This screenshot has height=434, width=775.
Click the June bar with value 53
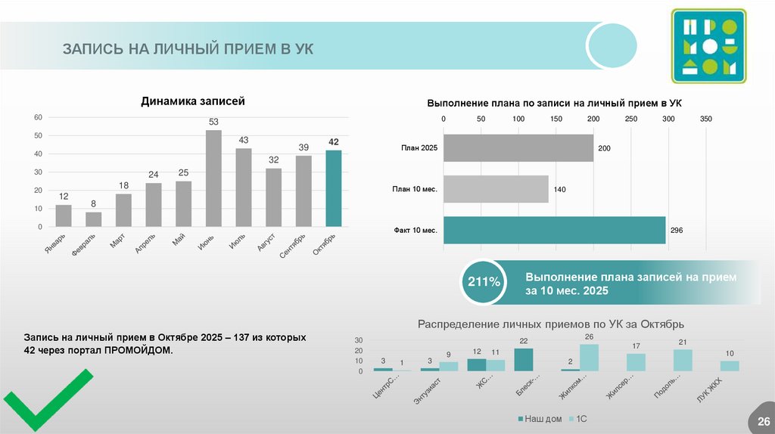pyautogui.click(x=213, y=178)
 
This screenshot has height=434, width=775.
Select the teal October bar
pyautogui.click(x=334, y=188)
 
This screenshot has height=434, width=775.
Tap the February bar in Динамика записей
pyautogui.click(x=93, y=219)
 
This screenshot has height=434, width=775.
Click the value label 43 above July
pyautogui.click(x=244, y=141)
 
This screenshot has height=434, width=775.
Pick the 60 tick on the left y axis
pyautogui.click(x=38, y=116)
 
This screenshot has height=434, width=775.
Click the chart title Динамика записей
pyautogui.click(x=193, y=101)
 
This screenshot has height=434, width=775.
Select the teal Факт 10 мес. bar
pyautogui.click(x=554, y=230)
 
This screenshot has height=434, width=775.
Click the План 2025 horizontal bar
pyautogui.click(x=518, y=147)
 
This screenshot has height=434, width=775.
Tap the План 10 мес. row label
pyautogui.click(x=415, y=189)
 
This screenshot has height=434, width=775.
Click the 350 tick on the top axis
pyautogui.click(x=705, y=119)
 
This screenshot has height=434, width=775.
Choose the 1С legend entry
pyautogui.click(x=579, y=419)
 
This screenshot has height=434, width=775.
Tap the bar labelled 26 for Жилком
pyautogui.click(x=589, y=358)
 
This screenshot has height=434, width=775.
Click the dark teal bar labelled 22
pyautogui.click(x=523, y=360)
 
